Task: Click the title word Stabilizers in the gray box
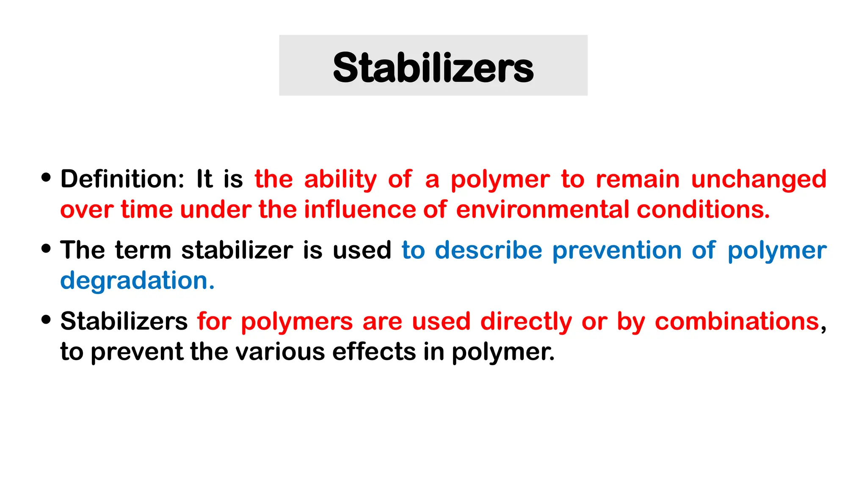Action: click(433, 68)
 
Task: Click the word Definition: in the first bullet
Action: click(122, 179)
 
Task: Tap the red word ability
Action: click(340, 179)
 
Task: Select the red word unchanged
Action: click(759, 179)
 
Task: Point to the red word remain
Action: click(638, 179)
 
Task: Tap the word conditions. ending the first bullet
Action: click(703, 210)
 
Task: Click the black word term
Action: click(143, 250)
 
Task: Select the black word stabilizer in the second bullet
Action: click(237, 250)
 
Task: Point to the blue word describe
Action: click(489, 250)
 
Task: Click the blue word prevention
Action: click(617, 251)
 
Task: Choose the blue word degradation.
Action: click(137, 280)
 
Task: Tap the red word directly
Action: click(526, 322)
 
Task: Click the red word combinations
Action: click(737, 322)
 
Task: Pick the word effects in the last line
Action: click(374, 352)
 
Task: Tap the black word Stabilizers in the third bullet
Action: click(124, 321)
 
